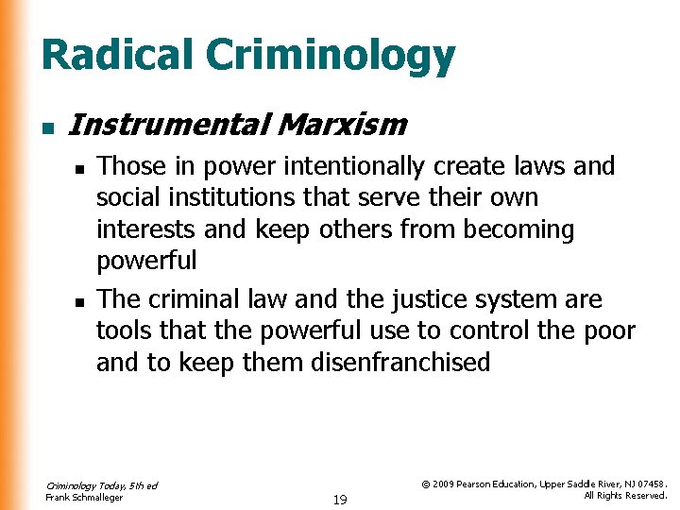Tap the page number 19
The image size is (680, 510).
click(x=340, y=499)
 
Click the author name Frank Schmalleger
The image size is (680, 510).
click(x=84, y=497)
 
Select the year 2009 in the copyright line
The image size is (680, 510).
click(x=447, y=483)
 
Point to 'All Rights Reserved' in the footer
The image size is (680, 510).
click(x=625, y=495)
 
